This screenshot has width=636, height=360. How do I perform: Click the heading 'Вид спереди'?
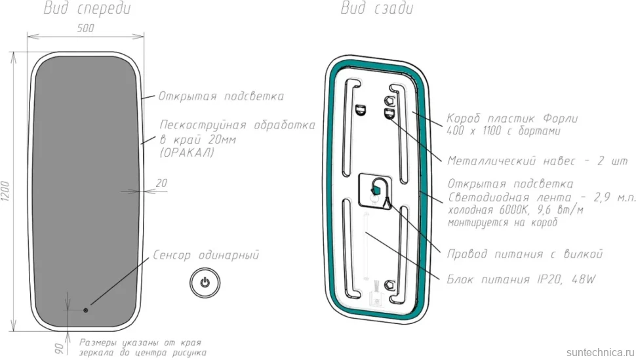87,9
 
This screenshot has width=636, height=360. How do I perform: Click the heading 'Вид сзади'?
377,8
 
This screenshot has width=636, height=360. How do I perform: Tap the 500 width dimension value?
85,28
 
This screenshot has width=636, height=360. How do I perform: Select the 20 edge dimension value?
161,183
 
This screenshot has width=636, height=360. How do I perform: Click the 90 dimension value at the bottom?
59,348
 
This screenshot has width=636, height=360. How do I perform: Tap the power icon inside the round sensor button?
205,282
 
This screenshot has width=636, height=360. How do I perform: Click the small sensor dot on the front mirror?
86,310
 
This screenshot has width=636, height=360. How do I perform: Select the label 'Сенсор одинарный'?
206,255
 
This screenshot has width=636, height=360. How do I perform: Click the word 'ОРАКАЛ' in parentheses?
187,153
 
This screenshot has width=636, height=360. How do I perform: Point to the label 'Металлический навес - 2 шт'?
537,161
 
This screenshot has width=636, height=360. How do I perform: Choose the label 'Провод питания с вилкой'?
525,254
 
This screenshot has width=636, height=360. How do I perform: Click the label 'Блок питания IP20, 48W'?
521,279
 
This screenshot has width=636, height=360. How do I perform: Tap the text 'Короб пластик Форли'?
512,119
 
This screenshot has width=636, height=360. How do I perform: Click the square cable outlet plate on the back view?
375,191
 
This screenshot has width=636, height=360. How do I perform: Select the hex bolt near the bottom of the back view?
389,285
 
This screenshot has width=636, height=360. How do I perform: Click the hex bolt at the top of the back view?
389,100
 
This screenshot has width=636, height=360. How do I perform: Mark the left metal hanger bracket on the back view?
361,110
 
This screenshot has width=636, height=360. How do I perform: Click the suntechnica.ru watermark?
601,352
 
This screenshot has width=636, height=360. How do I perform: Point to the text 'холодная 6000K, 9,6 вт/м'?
515,210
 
